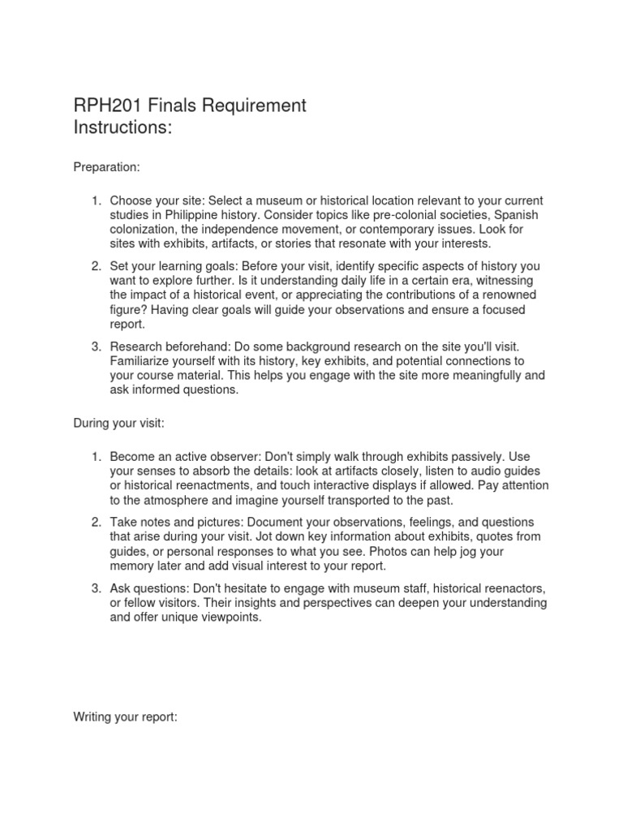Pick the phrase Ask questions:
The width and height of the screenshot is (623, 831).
tap(148, 588)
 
